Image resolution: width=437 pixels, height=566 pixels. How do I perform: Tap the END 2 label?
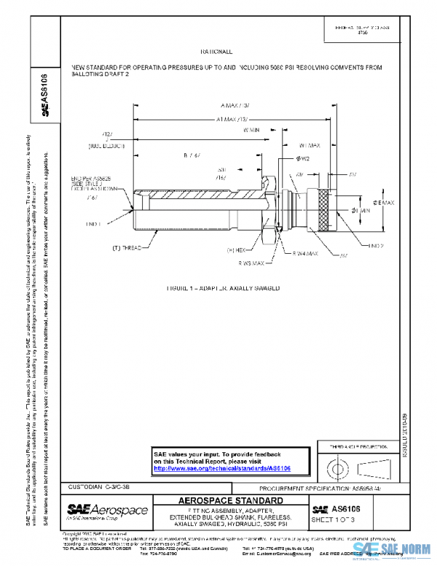[x=377, y=246]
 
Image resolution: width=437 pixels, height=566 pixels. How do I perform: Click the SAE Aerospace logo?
[x=107, y=509]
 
